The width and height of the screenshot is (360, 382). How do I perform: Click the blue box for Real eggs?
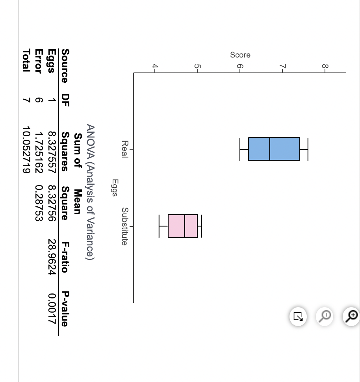click(x=274, y=149)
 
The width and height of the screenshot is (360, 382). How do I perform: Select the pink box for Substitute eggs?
click(x=183, y=226)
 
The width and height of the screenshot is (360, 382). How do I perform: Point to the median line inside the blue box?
click(x=270, y=149)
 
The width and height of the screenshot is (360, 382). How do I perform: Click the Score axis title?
click(x=240, y=55)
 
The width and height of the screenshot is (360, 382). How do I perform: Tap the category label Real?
click(x=124, y=149)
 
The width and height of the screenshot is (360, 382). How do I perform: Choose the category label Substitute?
click(x=124, y=226)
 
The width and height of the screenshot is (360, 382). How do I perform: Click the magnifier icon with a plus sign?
click(x=351, y=315)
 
